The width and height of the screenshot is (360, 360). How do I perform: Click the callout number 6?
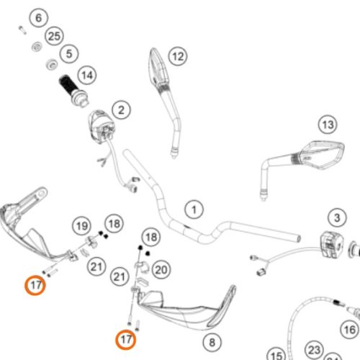click(x=39, y=18)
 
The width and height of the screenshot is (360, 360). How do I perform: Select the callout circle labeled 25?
click(x=54, y=36)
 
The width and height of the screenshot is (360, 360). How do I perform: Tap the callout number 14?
click(x=87, y=75)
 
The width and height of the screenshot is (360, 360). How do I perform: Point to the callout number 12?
click(x=178, y=56)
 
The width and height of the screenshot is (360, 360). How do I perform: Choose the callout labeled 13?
click(x=328, y=125)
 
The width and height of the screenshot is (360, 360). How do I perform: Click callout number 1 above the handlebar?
click(x=194, y=210)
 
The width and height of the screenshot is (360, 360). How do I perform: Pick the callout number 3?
click(x=337, y=217)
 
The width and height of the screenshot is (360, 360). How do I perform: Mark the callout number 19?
click(x=82, y=226)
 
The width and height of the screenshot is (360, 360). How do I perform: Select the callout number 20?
click(x=161, y=269)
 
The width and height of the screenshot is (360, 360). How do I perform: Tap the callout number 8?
click(x=212, y=342)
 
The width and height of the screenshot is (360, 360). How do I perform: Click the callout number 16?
click(x=350, y=329)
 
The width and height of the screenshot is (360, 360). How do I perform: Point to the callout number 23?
click(x=315, y=350)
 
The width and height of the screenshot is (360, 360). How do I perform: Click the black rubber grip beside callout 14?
click(x=68, y=86)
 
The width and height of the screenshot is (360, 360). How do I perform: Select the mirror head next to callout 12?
click(x=160, y=67)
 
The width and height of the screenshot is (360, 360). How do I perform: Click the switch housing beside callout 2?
click(x=101, y=126)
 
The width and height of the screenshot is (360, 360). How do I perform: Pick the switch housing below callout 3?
click(x=332, y=244)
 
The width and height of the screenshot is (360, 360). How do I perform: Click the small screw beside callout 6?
click(x=22, y=30)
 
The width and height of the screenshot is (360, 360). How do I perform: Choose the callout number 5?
click(x=69, y=53)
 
